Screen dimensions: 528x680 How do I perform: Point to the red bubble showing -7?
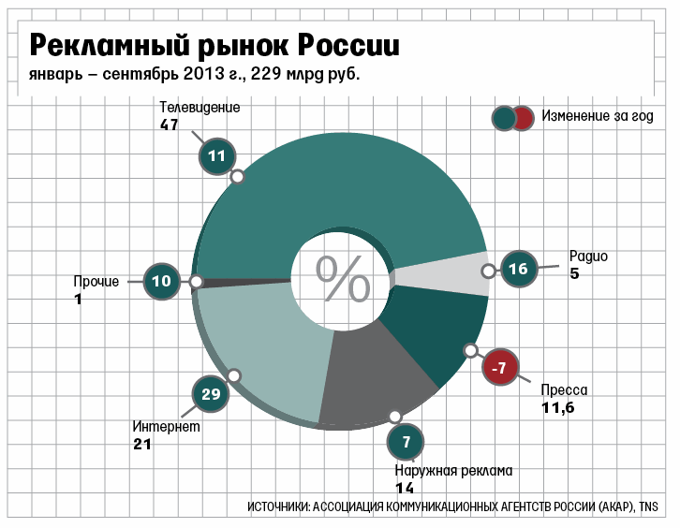501,368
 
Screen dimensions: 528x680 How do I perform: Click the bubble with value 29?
211,394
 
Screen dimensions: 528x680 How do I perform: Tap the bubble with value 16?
518,270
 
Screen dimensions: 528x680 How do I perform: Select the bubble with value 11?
217,156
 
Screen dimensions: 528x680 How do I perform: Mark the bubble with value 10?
161,281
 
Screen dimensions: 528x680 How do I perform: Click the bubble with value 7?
406,440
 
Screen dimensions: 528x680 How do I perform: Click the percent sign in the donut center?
342,278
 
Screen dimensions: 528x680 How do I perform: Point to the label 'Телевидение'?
200,107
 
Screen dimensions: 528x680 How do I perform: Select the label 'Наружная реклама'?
453,470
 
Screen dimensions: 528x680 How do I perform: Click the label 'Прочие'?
96,281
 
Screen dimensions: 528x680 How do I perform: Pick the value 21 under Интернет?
141,445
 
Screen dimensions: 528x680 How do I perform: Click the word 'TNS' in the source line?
649,506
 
